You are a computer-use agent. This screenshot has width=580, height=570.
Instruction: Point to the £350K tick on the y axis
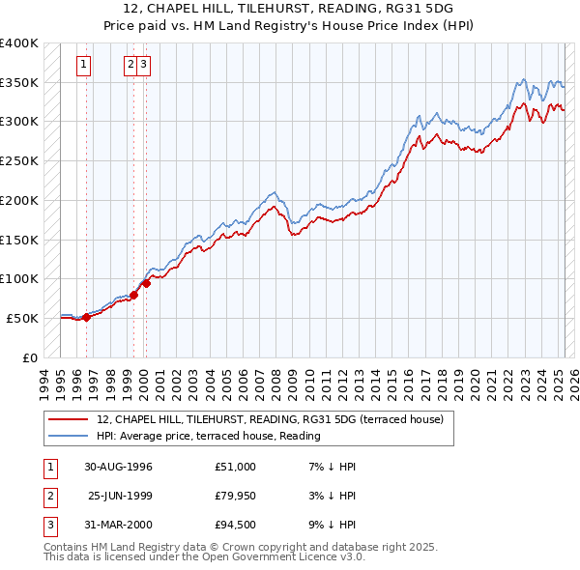coord(19,82)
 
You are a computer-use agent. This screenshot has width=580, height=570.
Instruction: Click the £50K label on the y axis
coord(22,318)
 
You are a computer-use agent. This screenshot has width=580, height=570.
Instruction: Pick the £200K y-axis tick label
coord(19,200)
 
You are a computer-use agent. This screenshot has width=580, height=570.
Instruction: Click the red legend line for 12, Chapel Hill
coord(68,419)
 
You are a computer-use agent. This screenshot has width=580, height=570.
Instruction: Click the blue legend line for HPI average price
coord(68,437)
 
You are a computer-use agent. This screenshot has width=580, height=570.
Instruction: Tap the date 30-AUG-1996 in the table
coord(118,467)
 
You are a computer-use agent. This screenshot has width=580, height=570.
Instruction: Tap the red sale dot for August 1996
coord(86,316)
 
